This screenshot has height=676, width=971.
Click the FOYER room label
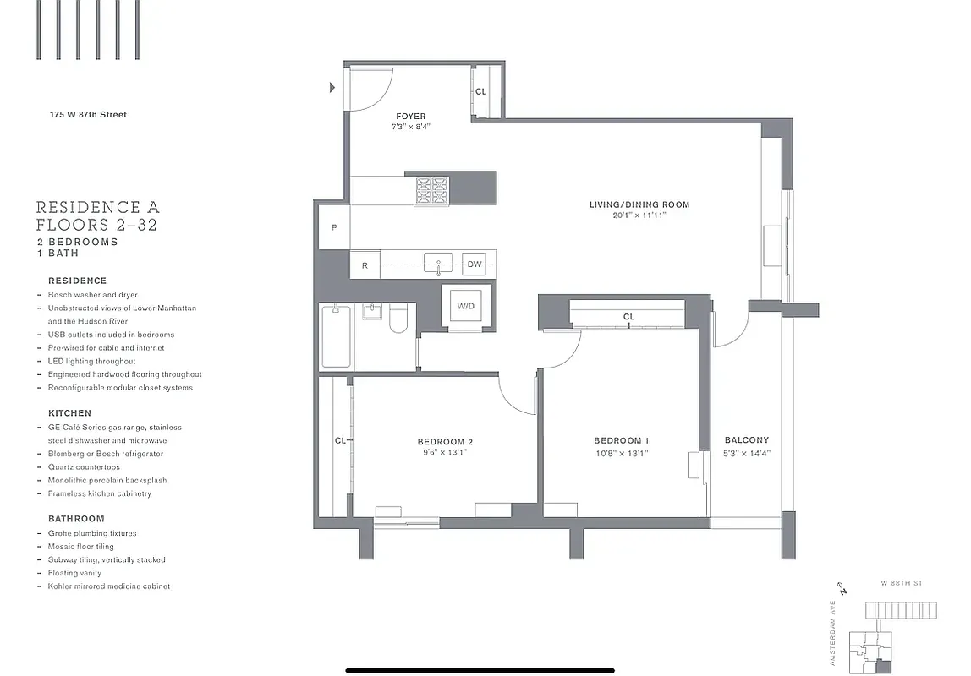pyautogui.click(x=410, y=117)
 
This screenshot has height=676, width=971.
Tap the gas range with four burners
pyautogui.click(x=431, y=190)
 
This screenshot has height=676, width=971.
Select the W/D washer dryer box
pyautogui.click(x=465, y=306)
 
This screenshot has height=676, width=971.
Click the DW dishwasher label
pyautogui.click(x=475, y=264)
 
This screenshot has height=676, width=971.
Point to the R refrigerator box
pyautogui.click(x=365, y=265)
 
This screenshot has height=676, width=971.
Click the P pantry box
pyautogui.click(x=334, y=227)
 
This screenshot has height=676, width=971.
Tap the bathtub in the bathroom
pyautogui.click(x=336, y=336)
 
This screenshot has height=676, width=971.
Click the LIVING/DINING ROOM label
pyautogui.click(x=639, y=204)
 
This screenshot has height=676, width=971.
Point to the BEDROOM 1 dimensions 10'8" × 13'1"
pyautogui.click(x=622, y=453)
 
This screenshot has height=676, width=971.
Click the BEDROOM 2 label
pyautogui.click(x=445, y=442)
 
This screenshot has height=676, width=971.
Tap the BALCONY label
pyautogui.click(x=747, y=440)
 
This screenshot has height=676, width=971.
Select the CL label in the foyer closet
pyautogui.click(x=480, y=92)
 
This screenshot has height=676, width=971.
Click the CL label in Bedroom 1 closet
pyautogui.click(x=628, y=317)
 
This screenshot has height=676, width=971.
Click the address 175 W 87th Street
pyautogui.click(x=88, y=115)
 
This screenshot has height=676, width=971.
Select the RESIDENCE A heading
pyautogui.click(x=97, y=207)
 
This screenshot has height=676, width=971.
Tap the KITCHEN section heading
pyautogui.click(x=69, y=413)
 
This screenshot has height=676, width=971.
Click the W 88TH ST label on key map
pyautogui.click(x=900, y=584)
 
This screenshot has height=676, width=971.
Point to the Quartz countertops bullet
pyautogui.click(x=84, y=467)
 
